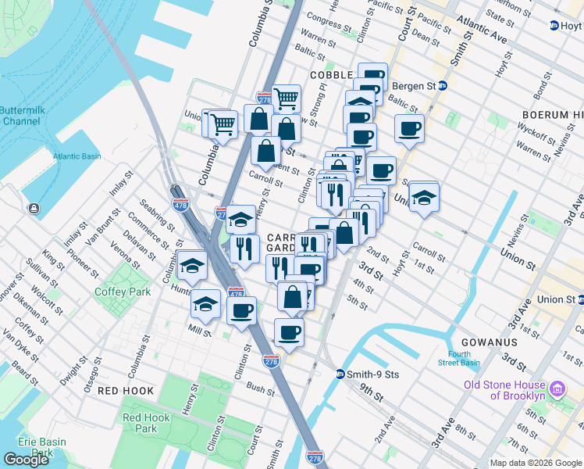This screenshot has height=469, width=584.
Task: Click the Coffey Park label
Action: (x=116, y=292)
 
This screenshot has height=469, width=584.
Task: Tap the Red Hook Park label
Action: (x=146, y=423)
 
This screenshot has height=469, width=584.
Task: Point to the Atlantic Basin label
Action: (x=77, y=156)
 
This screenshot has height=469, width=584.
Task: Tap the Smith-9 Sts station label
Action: (x=372, y=374)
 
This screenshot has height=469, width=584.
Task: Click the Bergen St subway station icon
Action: (x=442, y=85)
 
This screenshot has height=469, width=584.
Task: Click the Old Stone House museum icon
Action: (x=557, y=389)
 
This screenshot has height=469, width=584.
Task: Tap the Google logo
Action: (x=26, y=460)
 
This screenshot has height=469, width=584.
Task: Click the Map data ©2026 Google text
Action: (x=536, y=463)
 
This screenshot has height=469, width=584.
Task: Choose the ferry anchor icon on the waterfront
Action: (x=34, y=209)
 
